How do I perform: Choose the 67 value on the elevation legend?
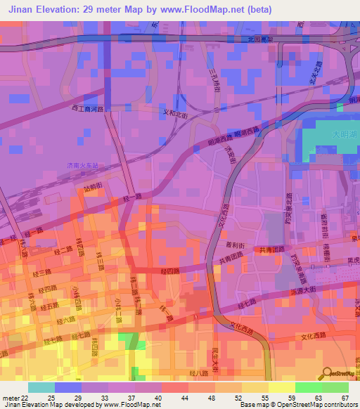click(345, 398)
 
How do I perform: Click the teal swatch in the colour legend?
click(41, 387)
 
